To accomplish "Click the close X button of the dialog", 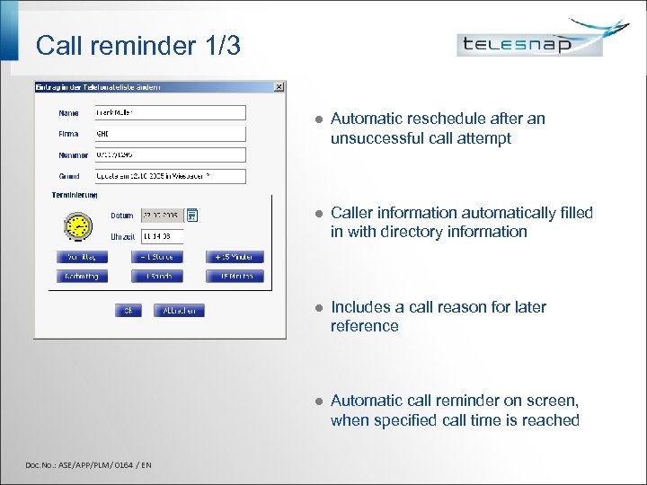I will click(279, 87).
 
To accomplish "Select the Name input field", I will click(170, 112).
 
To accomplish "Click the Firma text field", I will click(170, 133).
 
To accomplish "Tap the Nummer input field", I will click(170, 154).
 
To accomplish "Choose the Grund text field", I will click(170, 176).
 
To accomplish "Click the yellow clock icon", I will click(79, 225).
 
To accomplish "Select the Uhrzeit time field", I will click(162, 236).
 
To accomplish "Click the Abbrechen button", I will click(180, 311).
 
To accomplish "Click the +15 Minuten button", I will click(235, 257).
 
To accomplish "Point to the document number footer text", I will click(88, 464).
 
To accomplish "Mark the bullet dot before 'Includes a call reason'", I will click(311, 308).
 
